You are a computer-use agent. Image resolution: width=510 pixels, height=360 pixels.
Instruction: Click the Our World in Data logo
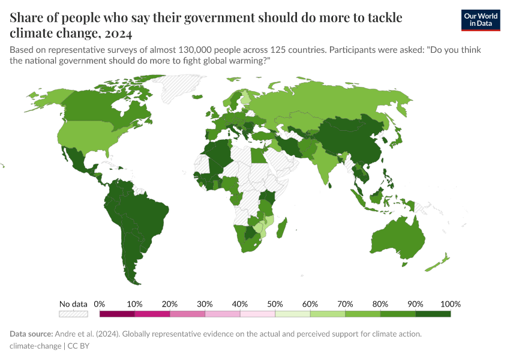(481, 20)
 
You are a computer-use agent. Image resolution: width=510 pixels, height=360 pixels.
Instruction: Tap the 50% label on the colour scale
(275, 304)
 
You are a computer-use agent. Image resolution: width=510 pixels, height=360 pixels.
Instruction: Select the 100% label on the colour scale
(450, 304)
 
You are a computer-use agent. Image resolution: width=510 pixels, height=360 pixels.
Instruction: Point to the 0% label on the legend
(100, 304)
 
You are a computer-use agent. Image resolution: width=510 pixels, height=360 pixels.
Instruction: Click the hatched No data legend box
(73, 314)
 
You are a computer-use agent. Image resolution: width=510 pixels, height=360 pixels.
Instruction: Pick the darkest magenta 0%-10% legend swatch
(117, 314)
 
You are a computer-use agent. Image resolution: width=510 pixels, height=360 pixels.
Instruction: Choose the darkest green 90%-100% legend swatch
(433, 314)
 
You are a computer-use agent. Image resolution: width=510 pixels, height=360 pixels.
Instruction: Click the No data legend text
(73, 304)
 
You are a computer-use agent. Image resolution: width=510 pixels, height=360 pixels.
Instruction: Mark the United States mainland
(90, 138)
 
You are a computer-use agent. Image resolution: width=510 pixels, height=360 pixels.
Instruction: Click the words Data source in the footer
(31, 334)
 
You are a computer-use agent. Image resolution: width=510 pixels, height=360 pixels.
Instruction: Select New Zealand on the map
(443, 260)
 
